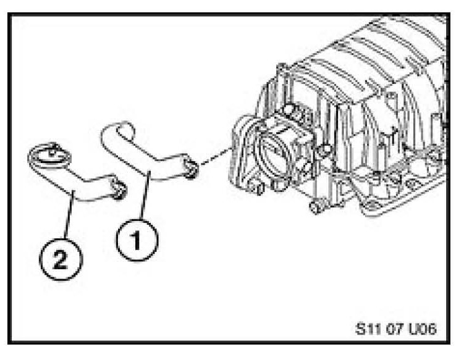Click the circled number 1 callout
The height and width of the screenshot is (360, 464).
[138, 239]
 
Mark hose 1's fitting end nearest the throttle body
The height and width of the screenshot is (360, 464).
[192, 165]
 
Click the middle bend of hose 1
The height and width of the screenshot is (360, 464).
[145, 167]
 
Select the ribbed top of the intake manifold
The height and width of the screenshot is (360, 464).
[371, 56]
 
